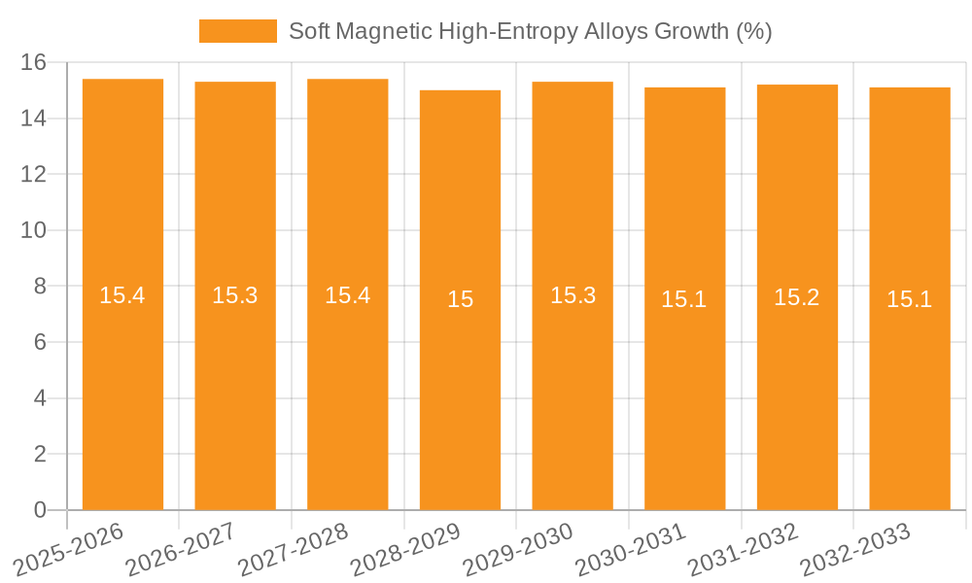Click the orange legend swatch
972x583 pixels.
237,31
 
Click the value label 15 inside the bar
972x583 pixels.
460,299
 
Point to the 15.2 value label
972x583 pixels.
797,297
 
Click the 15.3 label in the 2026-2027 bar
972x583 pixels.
235,295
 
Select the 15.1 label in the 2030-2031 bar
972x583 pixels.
684,299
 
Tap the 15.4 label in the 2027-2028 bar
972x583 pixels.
348,295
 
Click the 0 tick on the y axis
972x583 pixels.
40,510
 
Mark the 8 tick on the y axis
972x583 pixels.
40,287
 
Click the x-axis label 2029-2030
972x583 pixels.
518,549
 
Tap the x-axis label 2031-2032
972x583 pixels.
744,549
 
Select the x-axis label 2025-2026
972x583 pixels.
69,549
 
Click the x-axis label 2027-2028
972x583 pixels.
294,549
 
